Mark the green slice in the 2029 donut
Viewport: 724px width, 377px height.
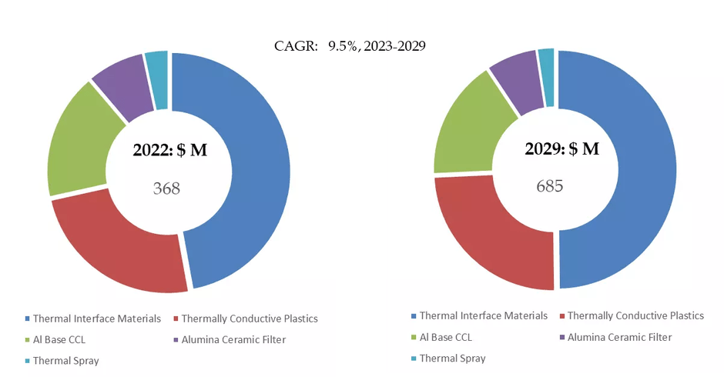466,131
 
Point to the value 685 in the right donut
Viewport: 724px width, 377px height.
550,185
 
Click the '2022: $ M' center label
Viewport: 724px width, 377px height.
169,151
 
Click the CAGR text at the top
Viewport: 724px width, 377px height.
350,46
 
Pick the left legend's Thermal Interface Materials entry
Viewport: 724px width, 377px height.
96,319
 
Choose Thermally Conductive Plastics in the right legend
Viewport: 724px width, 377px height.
635,315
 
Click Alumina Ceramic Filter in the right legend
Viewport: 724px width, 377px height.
619,337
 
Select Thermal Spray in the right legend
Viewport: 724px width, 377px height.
452,358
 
